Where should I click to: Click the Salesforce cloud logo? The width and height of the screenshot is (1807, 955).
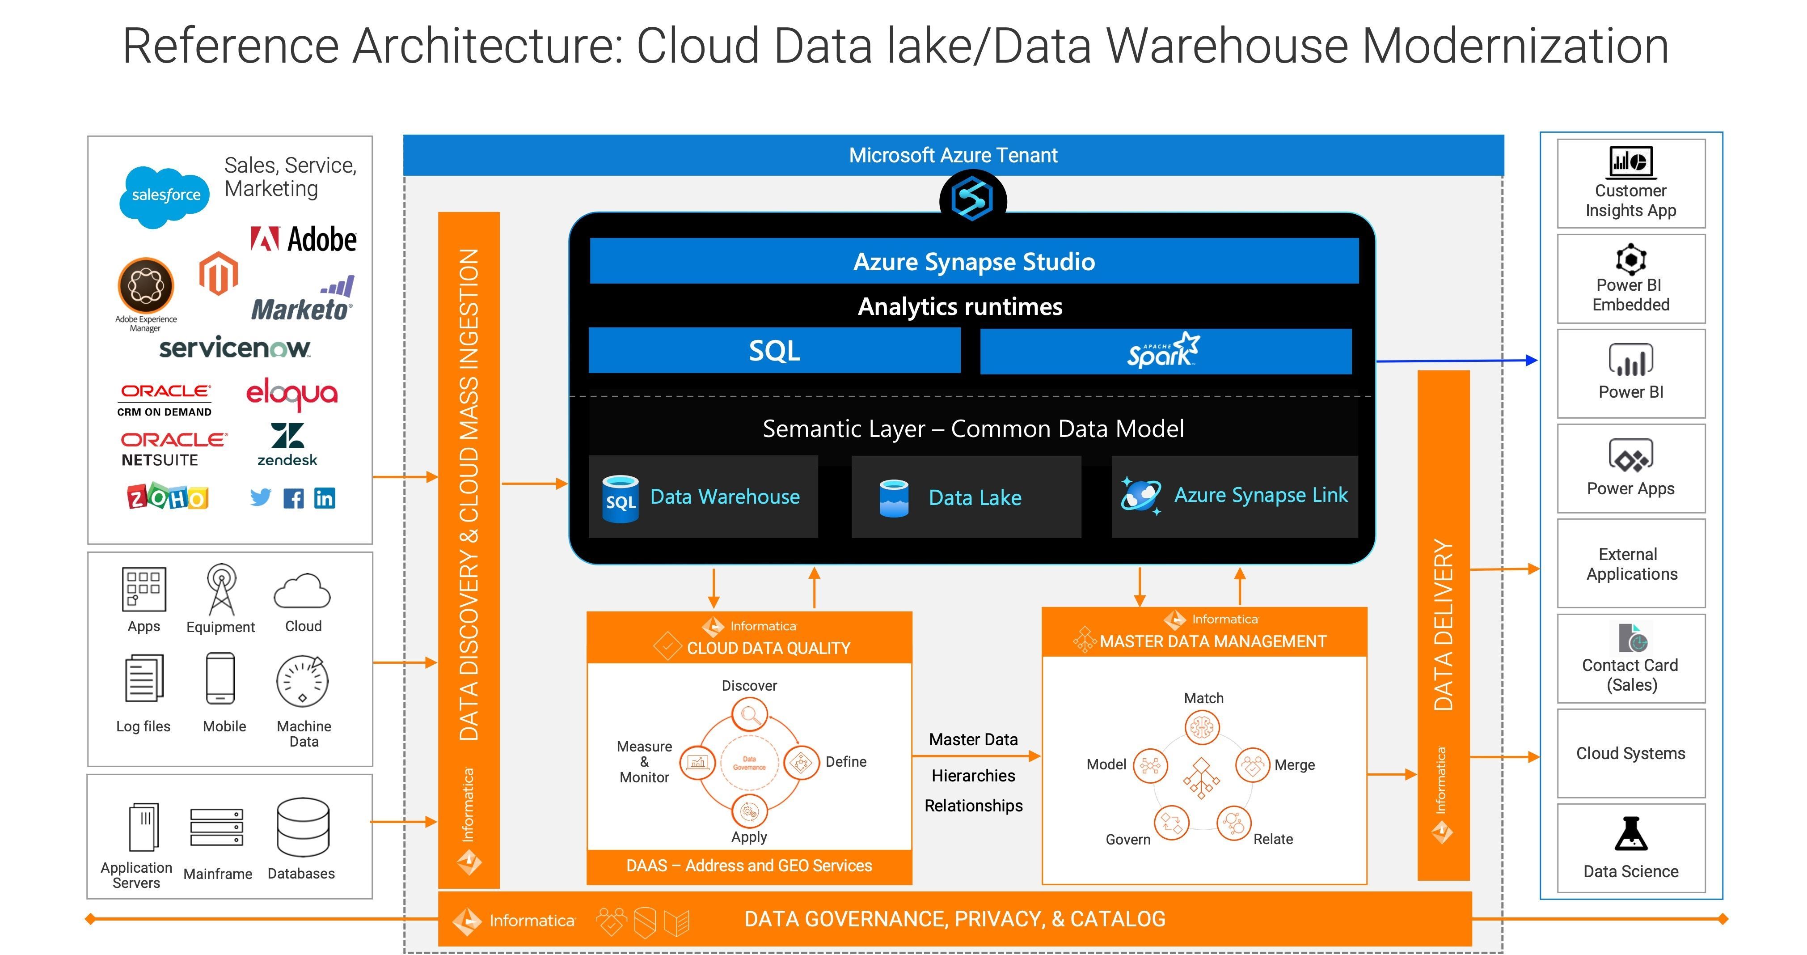coord(165,196)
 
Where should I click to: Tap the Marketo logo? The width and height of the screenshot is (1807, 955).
coord(302,300)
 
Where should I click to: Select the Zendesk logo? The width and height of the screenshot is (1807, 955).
coord(287,444)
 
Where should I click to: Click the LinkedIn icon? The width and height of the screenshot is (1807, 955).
coord(324,498)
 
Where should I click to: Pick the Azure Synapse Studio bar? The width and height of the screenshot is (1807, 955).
coord(974,261)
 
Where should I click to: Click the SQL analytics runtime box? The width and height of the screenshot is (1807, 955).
coord(774,350)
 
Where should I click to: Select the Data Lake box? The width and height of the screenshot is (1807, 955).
coord(966,497)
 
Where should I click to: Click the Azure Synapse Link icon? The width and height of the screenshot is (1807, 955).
coord(1140,496)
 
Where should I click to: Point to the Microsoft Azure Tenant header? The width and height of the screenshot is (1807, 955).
coord(953,155)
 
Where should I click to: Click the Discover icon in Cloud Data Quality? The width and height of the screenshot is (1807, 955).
coord(749,715)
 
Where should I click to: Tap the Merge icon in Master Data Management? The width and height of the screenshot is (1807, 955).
coord(1252,765)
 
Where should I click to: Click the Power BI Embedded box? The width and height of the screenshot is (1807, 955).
coord(1630,279)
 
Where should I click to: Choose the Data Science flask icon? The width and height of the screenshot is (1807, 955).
coord(1630,834)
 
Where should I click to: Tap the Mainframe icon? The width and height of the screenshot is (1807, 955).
coord(217,827)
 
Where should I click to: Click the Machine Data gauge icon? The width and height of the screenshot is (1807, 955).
coord(302,681)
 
